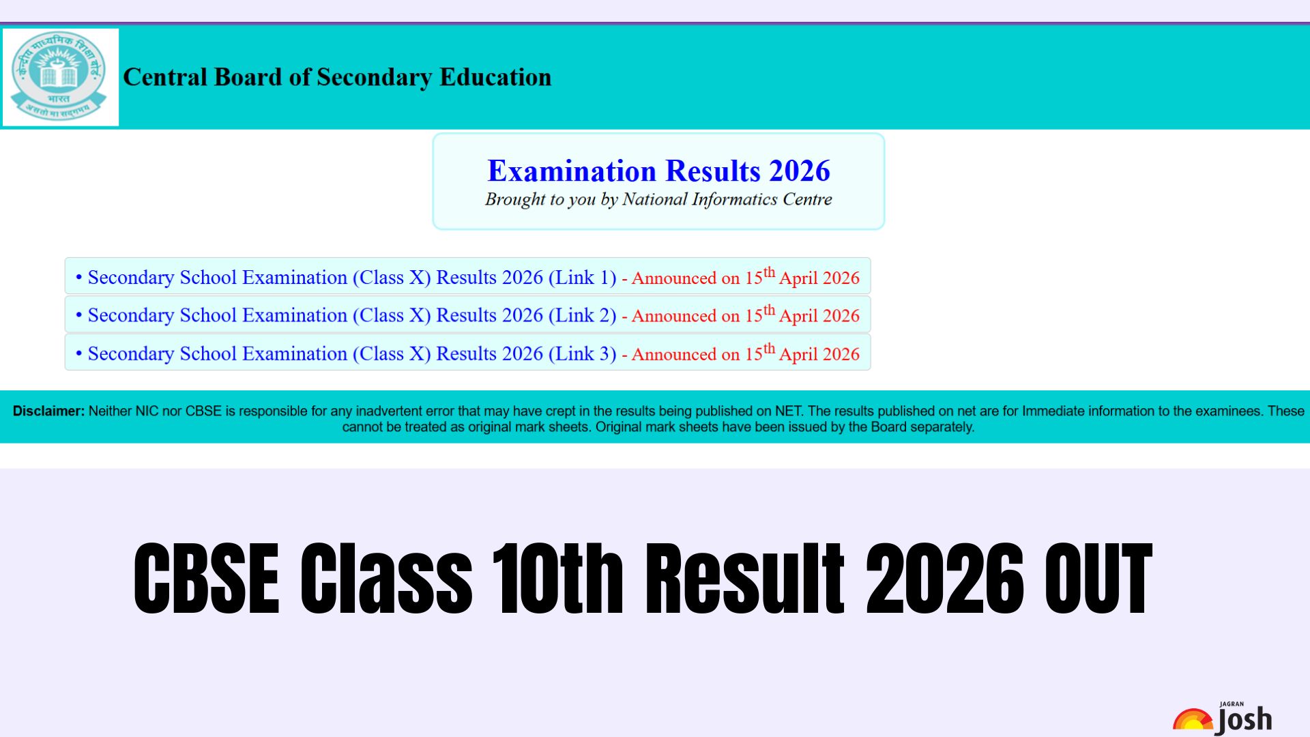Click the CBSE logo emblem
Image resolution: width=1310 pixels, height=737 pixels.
pos(60,76)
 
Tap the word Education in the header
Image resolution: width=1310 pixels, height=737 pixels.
pos(495,77)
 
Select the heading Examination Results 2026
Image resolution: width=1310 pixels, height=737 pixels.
pos(658,171)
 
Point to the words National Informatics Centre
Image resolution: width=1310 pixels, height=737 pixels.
pos(727,199)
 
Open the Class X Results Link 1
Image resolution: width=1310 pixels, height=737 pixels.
pos(352,278)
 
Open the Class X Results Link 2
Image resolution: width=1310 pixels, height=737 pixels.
pos(352,315)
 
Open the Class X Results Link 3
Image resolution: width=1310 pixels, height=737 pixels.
pos(352,353)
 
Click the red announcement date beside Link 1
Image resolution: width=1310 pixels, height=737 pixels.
pos(745,277)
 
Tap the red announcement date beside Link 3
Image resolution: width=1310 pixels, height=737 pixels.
pos(745,353)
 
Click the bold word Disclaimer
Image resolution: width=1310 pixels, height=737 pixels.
pos(48,411)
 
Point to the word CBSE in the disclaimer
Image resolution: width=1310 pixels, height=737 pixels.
pos(203,411)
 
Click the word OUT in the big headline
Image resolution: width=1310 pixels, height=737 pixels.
pos(1098,579)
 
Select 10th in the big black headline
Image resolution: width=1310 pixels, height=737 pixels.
pos(557,579)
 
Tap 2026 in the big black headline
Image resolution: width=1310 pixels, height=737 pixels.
pos(945,579)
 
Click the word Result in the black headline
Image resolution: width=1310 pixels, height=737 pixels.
pos(745,579)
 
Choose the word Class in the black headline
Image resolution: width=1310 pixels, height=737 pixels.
pos(386,579)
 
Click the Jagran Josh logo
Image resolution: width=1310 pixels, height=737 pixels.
pos(1223,718)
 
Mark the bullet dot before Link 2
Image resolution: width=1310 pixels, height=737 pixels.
pos(79,315)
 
